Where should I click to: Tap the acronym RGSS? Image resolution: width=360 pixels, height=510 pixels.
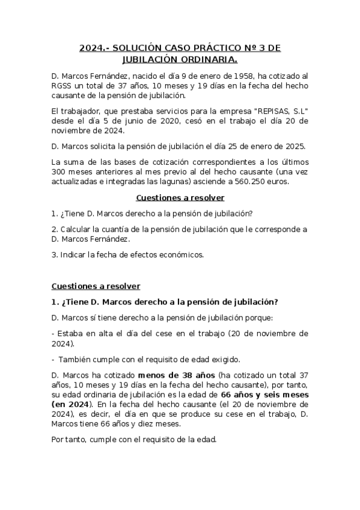click(x=63, y=86)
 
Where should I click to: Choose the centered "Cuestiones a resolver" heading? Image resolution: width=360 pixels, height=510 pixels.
click(x=180, y=198)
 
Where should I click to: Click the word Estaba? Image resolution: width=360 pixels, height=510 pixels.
click(x=70, y=334)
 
